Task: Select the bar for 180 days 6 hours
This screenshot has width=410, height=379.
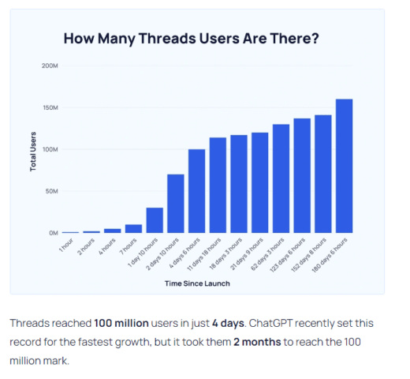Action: tap(344, 166)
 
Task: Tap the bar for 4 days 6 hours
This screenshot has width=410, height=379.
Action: tap(196, 191)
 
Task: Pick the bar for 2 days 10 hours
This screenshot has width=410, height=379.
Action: tap(175, 204)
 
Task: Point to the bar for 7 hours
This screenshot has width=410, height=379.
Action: tap(133, 229)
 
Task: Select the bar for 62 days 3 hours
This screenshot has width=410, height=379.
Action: tap(281, 178)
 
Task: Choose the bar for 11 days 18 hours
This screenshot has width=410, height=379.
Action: tap(218, 186)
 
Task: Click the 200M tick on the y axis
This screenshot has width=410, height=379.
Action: tap(50, 66)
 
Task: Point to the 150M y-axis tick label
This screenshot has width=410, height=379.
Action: tap(50, 107)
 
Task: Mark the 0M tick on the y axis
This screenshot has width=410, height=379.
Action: tap(52, 233)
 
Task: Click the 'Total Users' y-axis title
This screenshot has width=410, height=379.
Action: tap(33, 149)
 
